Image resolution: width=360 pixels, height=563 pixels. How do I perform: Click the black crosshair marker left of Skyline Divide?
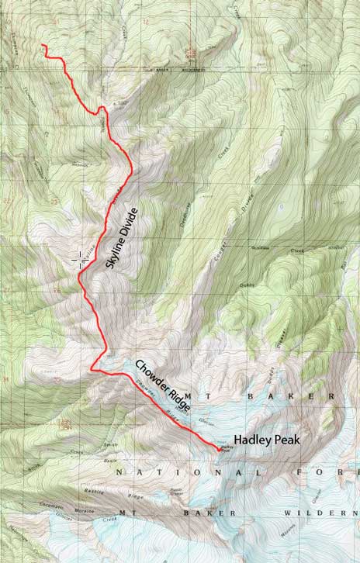point(80,259)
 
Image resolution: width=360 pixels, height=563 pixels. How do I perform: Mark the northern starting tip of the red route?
point(43,47)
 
